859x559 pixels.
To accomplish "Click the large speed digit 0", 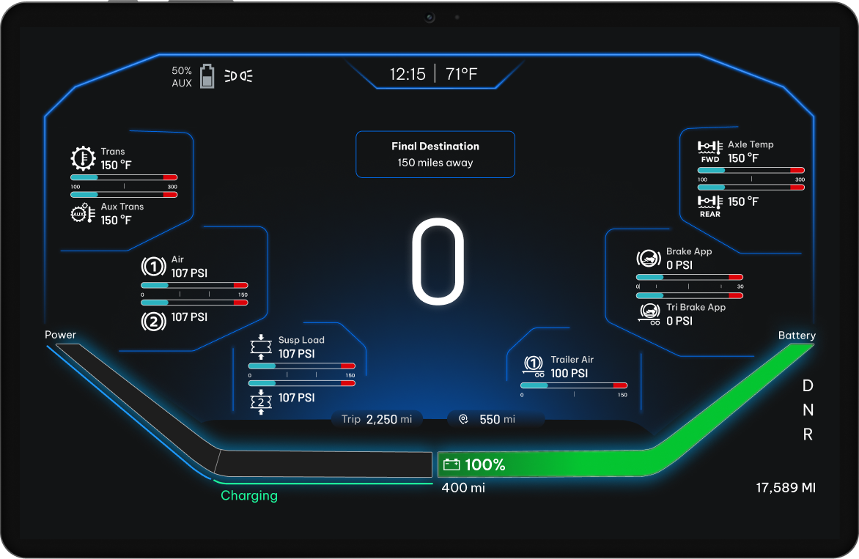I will pos(438,262).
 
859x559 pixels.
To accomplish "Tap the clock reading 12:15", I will pos(407,74).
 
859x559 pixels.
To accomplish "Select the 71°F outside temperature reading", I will pos(462,74).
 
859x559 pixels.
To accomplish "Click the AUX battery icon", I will pos(207,76).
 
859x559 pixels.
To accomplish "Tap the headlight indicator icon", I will pos(239,75).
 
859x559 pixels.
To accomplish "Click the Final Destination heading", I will pos(435,146).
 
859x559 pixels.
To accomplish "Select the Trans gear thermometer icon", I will pos(83,158).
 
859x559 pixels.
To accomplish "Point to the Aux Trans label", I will pos(122,207).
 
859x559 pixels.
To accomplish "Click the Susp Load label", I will pos(301,340).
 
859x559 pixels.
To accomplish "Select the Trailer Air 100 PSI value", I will pos(569,373).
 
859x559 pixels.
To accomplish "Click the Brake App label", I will pos(688,251).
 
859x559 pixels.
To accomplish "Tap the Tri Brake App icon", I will pos(649,314).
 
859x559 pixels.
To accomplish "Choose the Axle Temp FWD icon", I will pos(709,150).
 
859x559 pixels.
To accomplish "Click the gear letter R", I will pos(808,434).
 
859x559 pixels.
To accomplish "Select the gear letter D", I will pos(808,385).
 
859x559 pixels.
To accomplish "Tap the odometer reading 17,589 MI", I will pos(785,488).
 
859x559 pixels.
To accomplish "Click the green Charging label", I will pos(249,496).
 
